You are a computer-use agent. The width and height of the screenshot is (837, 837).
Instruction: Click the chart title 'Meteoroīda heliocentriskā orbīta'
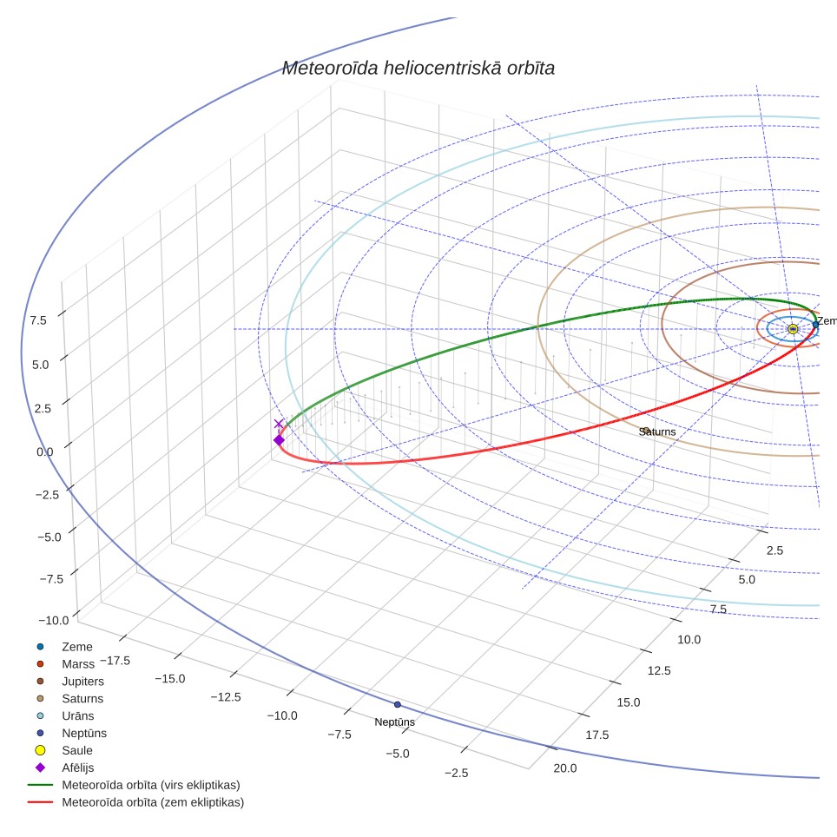pyautogui.click(x=418, y=69)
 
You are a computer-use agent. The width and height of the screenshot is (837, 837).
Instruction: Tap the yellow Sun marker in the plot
pyautogui.click(x=793, y=329)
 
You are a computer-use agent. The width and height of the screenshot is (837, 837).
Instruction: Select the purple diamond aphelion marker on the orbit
pyautogui.click(x=279, y=440)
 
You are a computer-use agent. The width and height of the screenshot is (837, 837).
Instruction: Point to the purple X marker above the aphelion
pyautogui.click(x=279, y=424)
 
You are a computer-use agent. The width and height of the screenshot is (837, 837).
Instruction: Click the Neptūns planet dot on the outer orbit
pyautogui.click(x=397, y=705)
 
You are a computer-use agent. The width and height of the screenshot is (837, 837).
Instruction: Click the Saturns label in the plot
pyautogui.click(x=657, y=432)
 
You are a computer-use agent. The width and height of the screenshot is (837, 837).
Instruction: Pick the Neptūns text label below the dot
pyautogui.click(x=394, y=722)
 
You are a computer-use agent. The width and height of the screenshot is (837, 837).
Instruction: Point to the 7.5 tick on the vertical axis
pyautogui.click(x=38, y=320)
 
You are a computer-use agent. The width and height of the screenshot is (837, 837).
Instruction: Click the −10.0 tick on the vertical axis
pyautogui.click(x=53, y=620)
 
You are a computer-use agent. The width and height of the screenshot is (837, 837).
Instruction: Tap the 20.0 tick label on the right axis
pyautogui.click(x=564, y=768)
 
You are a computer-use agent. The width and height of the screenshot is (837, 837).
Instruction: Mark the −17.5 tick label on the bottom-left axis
pyautogui.click(x=115, y=661)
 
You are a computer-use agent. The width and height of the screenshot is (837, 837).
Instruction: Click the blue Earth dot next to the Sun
pyautogui.click(x=815, y=325)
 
